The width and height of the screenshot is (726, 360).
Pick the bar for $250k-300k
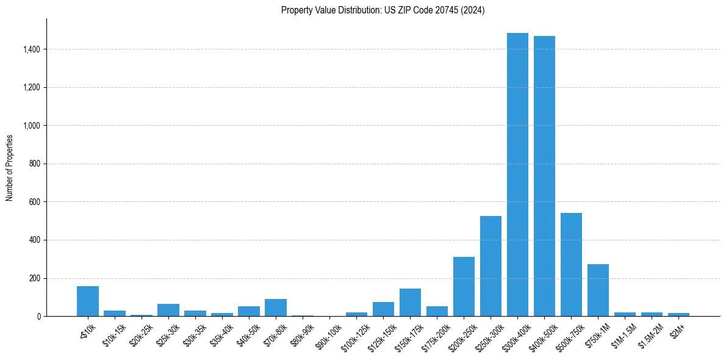pyautogui.click(x=491, y=266)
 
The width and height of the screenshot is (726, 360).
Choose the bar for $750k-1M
pyautogui.click(x=598, y=290)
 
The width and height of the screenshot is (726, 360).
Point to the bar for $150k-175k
pyautogui.click(x=410, y=303)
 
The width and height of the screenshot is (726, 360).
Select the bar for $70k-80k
pyautogui.click(x=276, y=308)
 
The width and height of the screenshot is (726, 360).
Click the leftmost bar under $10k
pyautogui.click(x=88, y=301)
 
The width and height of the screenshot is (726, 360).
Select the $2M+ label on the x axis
pyautogui.click(x=677, y=326)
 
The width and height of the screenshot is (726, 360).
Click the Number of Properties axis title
pyautogui.click(x=10, y=167)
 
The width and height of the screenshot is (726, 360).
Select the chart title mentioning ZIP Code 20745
pyautogui.click(x=383, y=10)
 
